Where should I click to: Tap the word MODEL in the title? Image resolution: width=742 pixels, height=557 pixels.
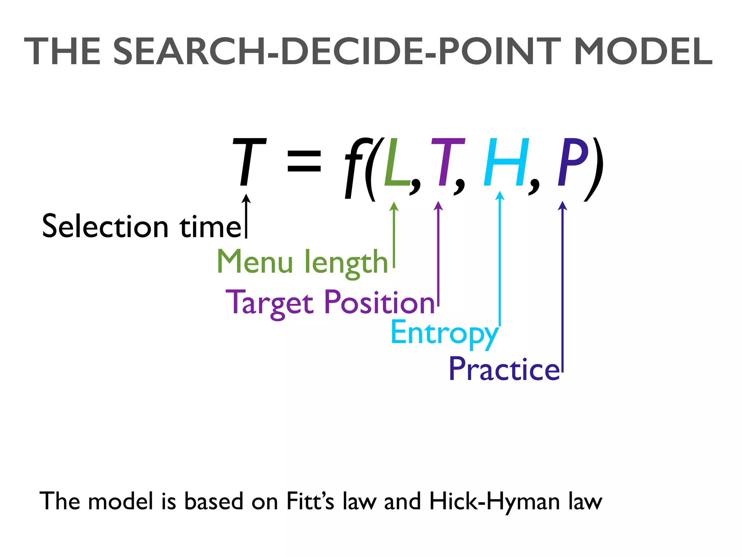643,52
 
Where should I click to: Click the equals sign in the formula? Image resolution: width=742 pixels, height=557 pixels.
304,161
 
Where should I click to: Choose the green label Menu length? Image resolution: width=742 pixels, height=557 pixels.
302,262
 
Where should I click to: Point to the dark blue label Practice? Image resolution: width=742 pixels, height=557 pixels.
504,369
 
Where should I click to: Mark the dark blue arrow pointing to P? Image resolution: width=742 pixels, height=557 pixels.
563,286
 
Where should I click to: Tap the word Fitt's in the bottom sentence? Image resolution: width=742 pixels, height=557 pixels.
310,502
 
